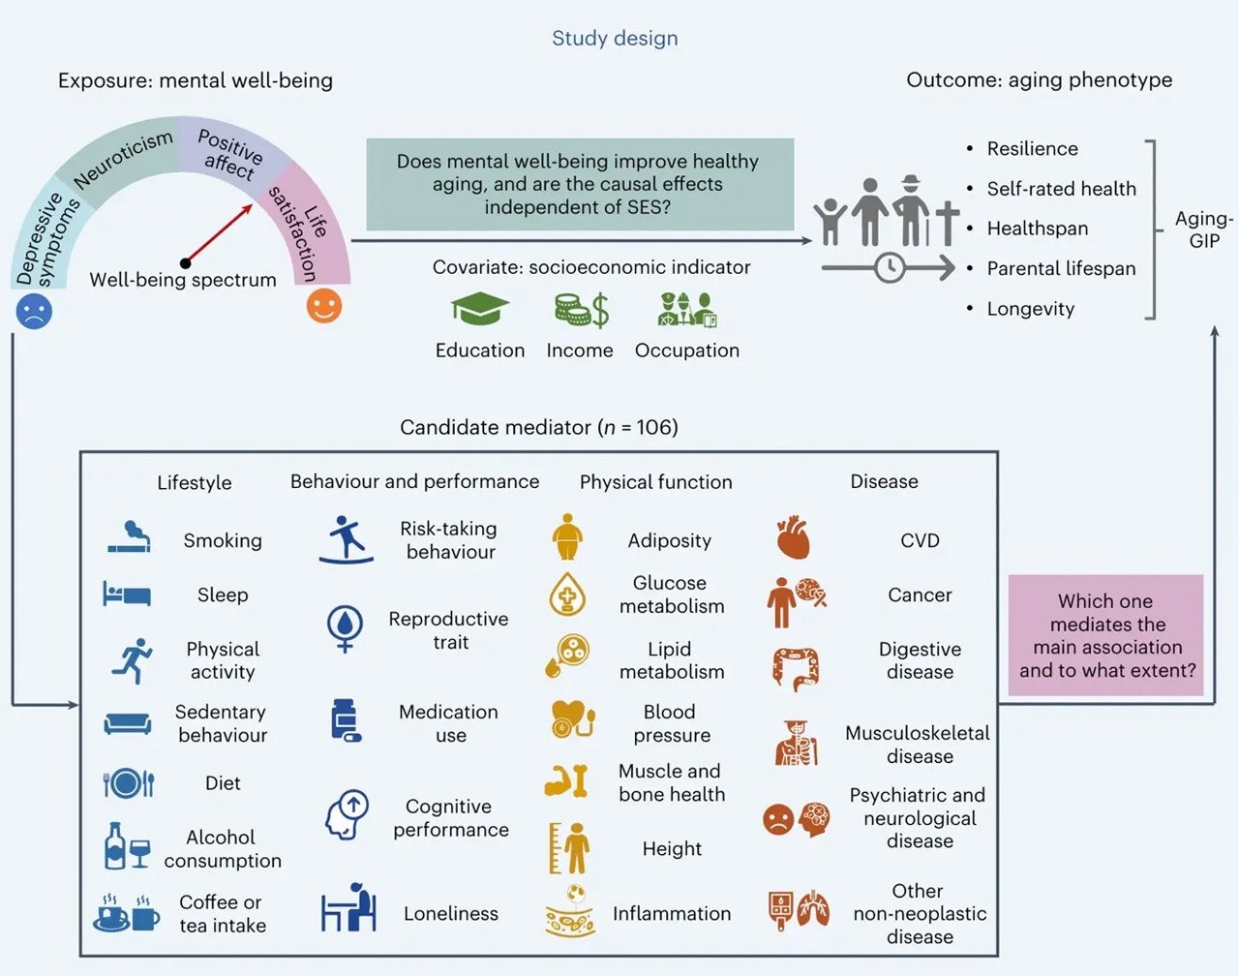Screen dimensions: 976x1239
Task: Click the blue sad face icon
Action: tap(34, 311)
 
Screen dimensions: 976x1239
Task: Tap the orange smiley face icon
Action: tap(324, 306)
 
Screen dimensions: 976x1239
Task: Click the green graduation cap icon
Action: tap(479, 310)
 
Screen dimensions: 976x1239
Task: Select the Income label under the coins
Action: tap(579, 351)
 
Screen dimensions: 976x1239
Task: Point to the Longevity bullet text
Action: tap(1030, 309)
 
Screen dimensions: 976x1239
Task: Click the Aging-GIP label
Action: tap(1203, 229)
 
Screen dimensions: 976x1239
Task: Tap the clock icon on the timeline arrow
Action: tap(890, 267)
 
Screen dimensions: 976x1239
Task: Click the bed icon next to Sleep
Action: tap(127, 594)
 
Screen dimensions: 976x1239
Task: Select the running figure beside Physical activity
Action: tap(133, 660)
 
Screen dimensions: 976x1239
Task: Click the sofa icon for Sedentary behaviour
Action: tap(128, 723)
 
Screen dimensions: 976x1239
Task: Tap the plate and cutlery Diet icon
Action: tap(128, 782)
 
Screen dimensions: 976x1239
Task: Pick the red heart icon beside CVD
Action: tap(793, 538)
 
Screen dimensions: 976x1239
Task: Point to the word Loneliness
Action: tap(451, 913)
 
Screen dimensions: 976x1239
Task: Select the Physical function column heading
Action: tap(655, 482)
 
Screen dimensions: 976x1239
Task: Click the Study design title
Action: tap(615, 39)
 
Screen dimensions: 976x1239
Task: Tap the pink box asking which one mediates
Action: tap(1106, 635)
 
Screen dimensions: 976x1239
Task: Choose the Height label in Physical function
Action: tap(672, 849)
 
